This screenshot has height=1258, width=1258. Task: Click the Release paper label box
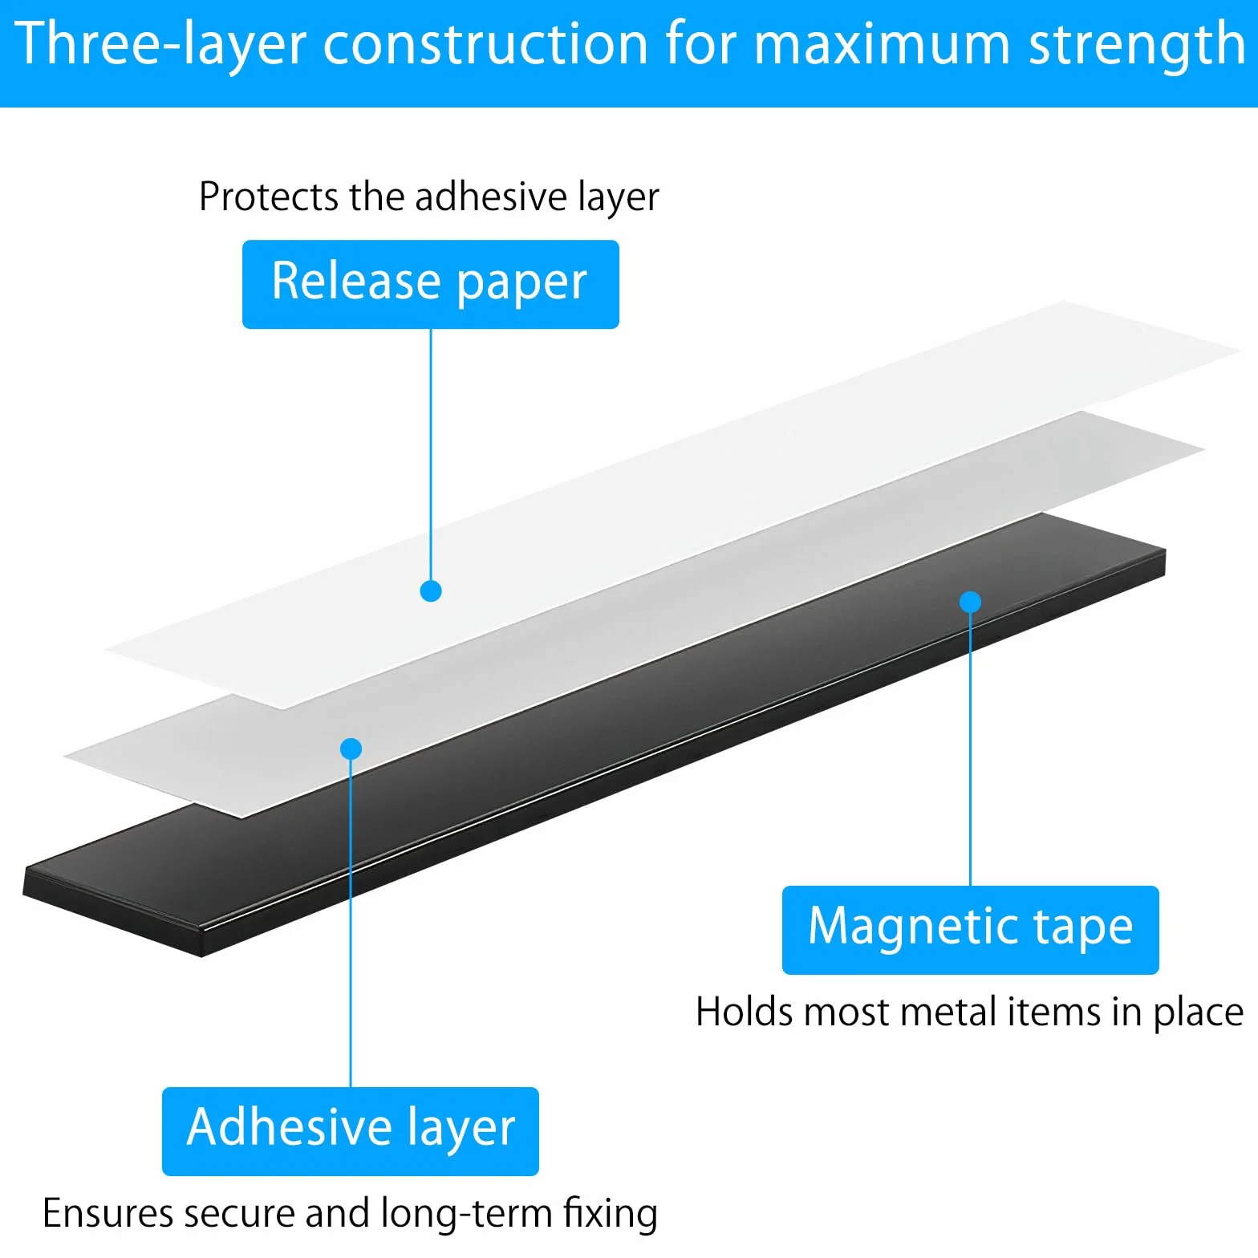(x=431, y=284)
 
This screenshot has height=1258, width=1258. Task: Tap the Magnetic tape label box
(x=970, y=930)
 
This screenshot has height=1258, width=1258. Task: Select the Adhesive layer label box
(x=351, y=1131)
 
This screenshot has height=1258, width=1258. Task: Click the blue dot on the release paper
(x=431, y=591)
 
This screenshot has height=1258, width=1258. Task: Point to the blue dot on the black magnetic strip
(x=970, y=602)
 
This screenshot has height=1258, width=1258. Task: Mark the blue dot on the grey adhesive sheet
(x=351, y=749)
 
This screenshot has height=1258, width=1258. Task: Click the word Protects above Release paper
(x=269, y=197)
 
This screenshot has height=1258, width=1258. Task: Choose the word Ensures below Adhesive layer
(x=108, y=1212)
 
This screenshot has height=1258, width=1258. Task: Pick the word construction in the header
(x=485, y=45)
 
